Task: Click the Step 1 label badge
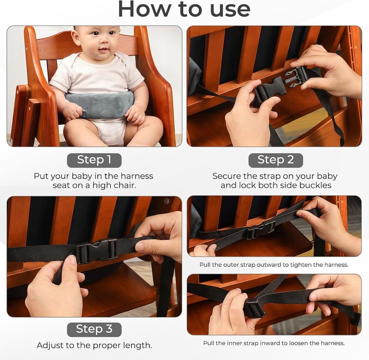pyautogui.click(x=94, y=160)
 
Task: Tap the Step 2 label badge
pyautogui.click(x=275, y=160)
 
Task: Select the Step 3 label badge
pyautogui.click(x=94, y=330)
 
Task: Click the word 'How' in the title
pyautogui.click(x=144, y=9)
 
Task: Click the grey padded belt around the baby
pyautogui.click(x=100, y=104)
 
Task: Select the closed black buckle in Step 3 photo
pyautogui.click(x=97, y=251)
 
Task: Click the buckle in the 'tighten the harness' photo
pyautogui.click(x=261, y=229)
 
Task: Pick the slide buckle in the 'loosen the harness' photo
pyautogui.click(x=255, y=308)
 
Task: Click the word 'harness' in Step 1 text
pyautogui.click(x=137, y=176)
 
